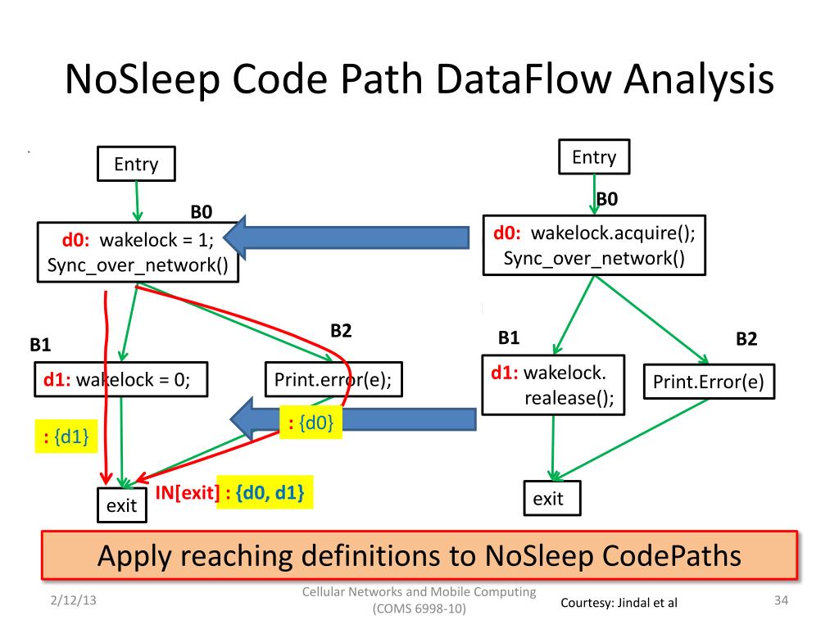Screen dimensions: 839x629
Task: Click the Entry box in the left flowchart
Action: (x=136, y=164)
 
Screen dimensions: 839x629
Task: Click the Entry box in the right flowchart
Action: (x=594, y=156)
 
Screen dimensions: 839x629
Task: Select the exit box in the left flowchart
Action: (x=122, y=505)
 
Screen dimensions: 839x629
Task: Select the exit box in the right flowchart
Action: (x=551, y=498)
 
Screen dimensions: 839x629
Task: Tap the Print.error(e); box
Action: (x=333, y=380)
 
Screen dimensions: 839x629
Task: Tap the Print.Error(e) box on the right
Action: (x=709, y=382)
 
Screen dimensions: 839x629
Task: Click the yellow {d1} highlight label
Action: (x=66, y=437)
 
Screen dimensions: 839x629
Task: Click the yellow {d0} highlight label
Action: (x=311, y=423)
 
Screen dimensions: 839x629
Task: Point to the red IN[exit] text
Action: (x=188, y=492)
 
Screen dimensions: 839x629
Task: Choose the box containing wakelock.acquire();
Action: (x=594, y=246)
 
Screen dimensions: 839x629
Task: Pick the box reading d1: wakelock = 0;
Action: (x=121, y=380)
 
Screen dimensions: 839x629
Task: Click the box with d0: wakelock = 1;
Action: (x=138, y=252)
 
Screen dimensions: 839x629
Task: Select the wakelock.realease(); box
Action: (x=553, y=385)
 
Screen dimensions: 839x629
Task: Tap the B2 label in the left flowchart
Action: (x=341, y=331)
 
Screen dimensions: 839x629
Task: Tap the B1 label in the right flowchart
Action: (x=508, y=337)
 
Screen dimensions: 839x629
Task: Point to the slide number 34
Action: (x=781, y=600)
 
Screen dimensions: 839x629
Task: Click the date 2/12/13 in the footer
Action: (x=73, y=600)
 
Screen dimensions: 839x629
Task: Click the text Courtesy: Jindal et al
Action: (x=619, y=603)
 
